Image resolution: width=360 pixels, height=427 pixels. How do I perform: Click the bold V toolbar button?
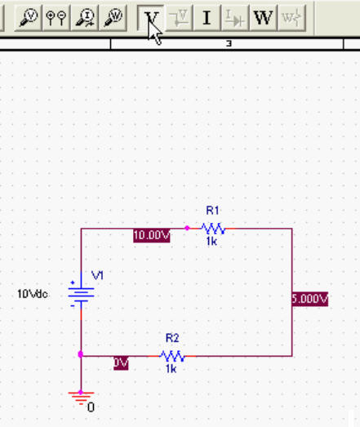[150, 18]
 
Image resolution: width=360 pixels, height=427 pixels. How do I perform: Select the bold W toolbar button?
[263, 18]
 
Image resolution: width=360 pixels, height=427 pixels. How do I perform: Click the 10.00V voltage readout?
[152, 235]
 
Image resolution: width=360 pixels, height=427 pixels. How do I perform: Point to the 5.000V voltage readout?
[310, 299]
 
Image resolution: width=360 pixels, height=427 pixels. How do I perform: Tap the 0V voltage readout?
[121, 363]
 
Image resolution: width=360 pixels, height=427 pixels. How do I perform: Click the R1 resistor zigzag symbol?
[213, 229]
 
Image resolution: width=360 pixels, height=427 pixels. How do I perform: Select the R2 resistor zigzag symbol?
[172, 356]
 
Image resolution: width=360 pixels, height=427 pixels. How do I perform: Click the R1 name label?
[212, 211]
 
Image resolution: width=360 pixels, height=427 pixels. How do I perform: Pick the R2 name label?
[172, 338]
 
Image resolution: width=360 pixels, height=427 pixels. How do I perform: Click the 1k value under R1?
[211, 241]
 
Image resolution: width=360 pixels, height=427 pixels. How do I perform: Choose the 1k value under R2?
[171, 369]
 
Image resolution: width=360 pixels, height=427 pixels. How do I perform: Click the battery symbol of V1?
[81, 295]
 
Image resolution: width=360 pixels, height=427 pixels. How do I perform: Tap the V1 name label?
[97, 275]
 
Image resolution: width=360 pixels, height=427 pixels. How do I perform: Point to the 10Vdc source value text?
[33, 294]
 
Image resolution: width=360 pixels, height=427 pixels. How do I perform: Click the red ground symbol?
[81, 398]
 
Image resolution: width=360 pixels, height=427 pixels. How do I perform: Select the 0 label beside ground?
[91, 407]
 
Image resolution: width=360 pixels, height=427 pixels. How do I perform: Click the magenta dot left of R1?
[187, 228]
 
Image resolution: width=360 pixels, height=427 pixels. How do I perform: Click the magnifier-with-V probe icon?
[29, 18]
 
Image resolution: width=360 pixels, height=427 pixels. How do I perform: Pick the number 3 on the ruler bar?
[229, 43]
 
